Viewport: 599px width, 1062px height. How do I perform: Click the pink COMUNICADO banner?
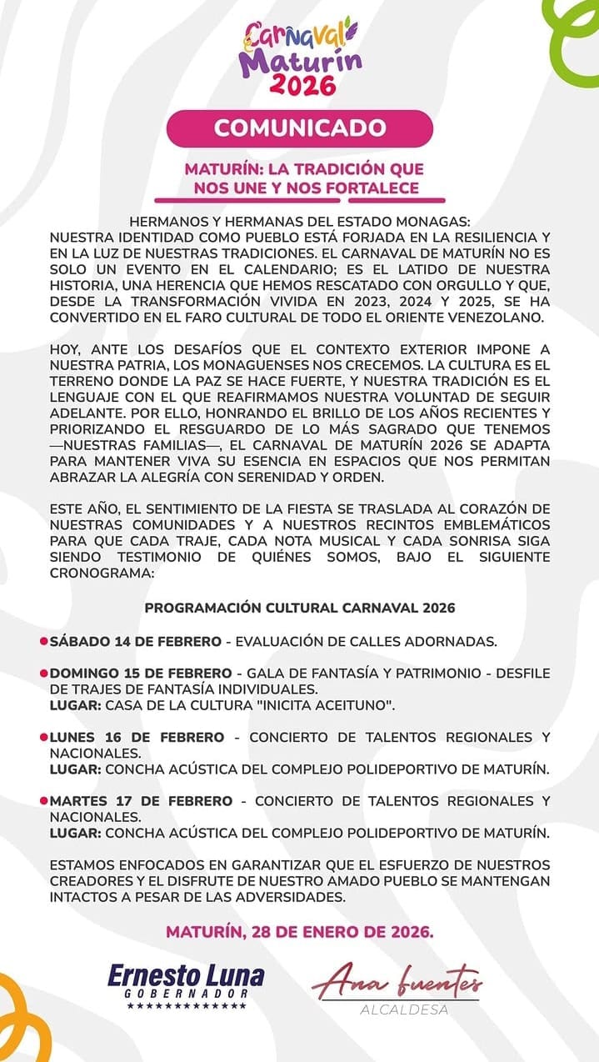coord(300,128)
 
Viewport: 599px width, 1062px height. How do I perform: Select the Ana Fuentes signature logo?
coord(397,984)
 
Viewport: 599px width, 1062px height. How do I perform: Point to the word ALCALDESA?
coord(405,1009)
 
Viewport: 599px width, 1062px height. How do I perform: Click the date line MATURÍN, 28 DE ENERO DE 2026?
coord(300,931)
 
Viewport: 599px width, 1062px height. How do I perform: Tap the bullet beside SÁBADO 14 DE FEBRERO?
coord(44,642)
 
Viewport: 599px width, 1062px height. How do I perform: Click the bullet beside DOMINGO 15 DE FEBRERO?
coord(44,673)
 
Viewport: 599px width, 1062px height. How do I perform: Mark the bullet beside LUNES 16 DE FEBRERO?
coord(44,737)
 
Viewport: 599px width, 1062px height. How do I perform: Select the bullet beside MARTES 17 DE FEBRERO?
coord(44,801)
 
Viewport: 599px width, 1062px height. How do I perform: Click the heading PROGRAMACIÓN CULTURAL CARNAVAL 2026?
coord(300,608)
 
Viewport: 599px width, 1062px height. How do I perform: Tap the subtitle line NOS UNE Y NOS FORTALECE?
coord(306,188)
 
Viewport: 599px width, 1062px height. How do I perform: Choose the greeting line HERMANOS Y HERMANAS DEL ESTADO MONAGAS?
coord(300,222)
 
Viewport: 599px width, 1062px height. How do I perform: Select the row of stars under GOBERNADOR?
coord(187,1006)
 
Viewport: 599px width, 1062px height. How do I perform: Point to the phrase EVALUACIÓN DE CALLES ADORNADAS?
coord(367,642)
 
